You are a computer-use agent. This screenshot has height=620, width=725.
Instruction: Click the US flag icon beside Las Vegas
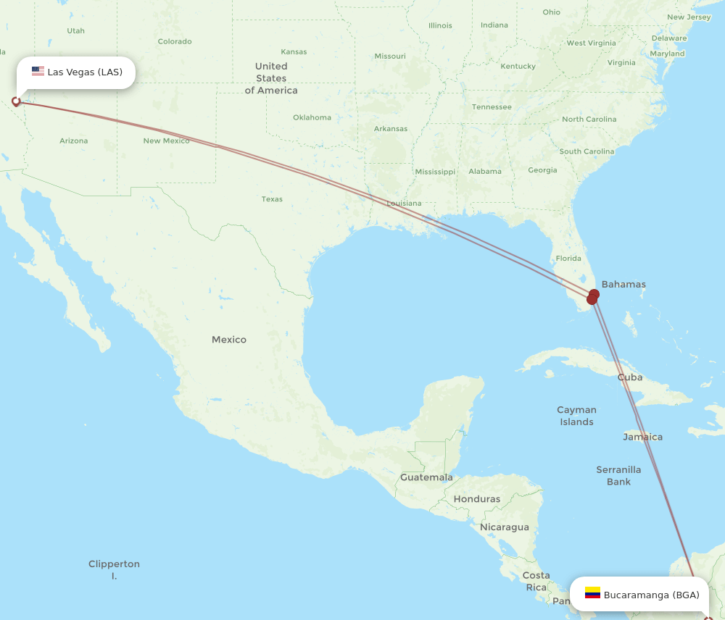[x=38, y=72]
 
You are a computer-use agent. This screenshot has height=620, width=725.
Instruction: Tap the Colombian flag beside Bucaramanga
[x=592, y=592]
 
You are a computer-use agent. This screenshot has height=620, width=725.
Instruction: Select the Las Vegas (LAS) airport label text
[x=85, y=72]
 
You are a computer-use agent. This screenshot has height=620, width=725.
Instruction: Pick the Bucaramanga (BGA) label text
[x=651, y=595]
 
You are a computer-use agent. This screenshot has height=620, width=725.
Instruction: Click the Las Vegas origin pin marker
[x=16, y=101]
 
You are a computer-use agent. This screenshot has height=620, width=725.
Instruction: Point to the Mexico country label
[x=229, y=339]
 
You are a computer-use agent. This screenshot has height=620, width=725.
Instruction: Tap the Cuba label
[x=630, y=377]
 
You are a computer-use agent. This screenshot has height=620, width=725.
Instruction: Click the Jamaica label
[x=642, y=437]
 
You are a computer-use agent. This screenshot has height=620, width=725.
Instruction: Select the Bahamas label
[x=623, y=284]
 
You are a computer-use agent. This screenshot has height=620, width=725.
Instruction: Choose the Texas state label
[x=272, y=199]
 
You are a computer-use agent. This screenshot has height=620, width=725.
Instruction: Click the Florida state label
[x=568, y=258]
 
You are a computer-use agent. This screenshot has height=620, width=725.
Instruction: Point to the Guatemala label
[x=426, y=477]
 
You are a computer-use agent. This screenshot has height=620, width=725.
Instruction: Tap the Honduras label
[x=477, y=499]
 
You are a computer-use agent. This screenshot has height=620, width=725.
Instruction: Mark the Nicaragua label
[x=504, y=527]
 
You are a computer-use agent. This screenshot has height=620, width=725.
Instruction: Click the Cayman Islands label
[x=576, y=416]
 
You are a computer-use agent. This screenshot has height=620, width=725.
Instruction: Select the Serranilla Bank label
[x=618, y=475]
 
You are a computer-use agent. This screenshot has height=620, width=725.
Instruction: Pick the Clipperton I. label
[x=114, y=569]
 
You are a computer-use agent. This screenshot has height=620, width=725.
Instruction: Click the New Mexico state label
[x=166, y=141]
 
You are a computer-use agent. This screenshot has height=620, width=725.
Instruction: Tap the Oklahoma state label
[x=312, y=117]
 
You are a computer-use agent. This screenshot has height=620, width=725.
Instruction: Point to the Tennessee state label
[x=492, y=107]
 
